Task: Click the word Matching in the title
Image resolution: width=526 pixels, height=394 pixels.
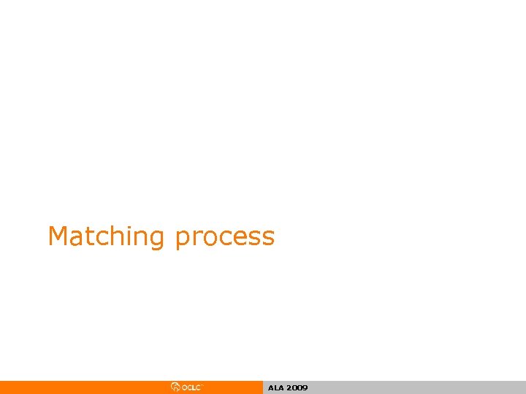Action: [107, 237]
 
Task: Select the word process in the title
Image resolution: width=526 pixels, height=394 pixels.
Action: [225, 237]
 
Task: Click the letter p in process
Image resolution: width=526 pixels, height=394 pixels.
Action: [183, 239]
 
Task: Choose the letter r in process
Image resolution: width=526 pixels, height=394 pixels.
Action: [196, 238]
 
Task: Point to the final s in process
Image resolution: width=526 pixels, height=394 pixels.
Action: [267, 238]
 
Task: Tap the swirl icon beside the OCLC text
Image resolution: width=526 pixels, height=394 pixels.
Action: [175, 387]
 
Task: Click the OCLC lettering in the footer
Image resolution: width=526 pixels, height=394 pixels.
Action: [191, 387]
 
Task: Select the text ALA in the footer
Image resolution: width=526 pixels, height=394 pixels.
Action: [275, 388]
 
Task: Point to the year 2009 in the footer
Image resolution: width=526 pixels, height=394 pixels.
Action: [297, 388]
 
